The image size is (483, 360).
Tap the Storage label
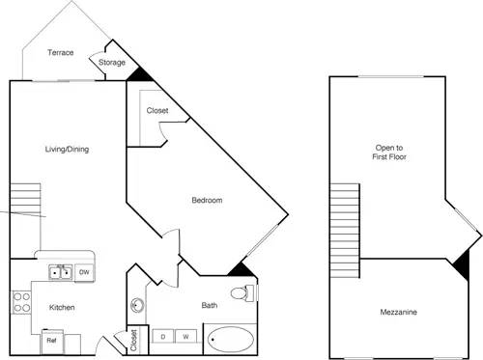click(x=112, y=64)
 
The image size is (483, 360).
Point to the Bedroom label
click(x=207, y=201)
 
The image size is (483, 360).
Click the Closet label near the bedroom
click(x=157, y=110)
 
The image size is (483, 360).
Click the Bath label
click(x=210, y=306)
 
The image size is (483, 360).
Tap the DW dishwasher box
click(x=84, y=273)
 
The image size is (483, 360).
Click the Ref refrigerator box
click(x=52, y=340)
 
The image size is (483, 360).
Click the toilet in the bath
click(x=241, y=292)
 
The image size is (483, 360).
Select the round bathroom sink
click(x=136, y=308)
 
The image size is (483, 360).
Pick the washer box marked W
click(x=185, y=337)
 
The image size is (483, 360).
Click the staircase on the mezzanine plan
click(x=344, y=222)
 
